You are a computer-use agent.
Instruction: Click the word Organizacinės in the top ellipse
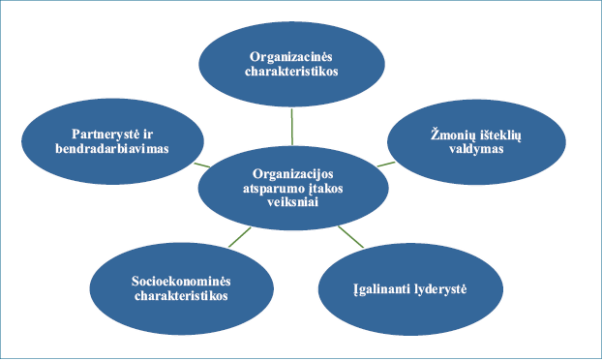[291, 57]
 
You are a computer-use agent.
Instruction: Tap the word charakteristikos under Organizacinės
[291, 72]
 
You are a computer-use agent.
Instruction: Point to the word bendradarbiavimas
[112, 148]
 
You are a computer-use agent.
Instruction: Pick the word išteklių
[497, 135]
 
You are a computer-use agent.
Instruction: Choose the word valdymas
[476, 149]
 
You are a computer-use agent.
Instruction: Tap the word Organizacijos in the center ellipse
[293, 174]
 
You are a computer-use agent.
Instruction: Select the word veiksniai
[293, 202]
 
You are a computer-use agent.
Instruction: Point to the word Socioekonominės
[181, 282]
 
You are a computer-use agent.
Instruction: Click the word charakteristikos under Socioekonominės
[181, 296]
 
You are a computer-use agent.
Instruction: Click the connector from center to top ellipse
[292, 127]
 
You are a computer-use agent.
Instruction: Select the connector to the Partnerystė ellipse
[202, 165]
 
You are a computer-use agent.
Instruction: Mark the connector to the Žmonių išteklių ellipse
[386, 165]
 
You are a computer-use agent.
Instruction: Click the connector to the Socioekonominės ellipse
[240, 237]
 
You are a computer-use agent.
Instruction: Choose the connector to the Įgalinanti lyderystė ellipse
[351, 237]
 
